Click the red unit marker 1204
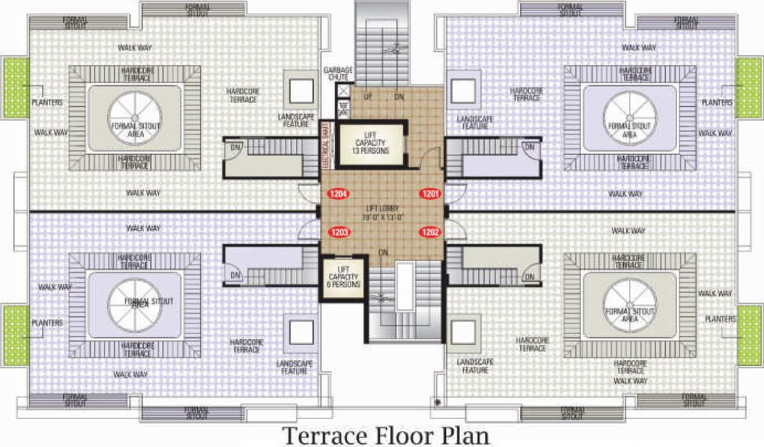[x=337, y=193]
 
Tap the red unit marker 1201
[x=430, y=193]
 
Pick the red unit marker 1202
[x=430, y=233]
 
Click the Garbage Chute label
[x=337, y=73]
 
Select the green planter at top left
[x=16, y=87]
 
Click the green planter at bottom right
[x=749, y=332]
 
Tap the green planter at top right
[x=749, y=87]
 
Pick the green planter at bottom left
[x=16, y=332]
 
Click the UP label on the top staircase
[x=367, y=97]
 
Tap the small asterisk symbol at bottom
[x=437, y=402]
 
